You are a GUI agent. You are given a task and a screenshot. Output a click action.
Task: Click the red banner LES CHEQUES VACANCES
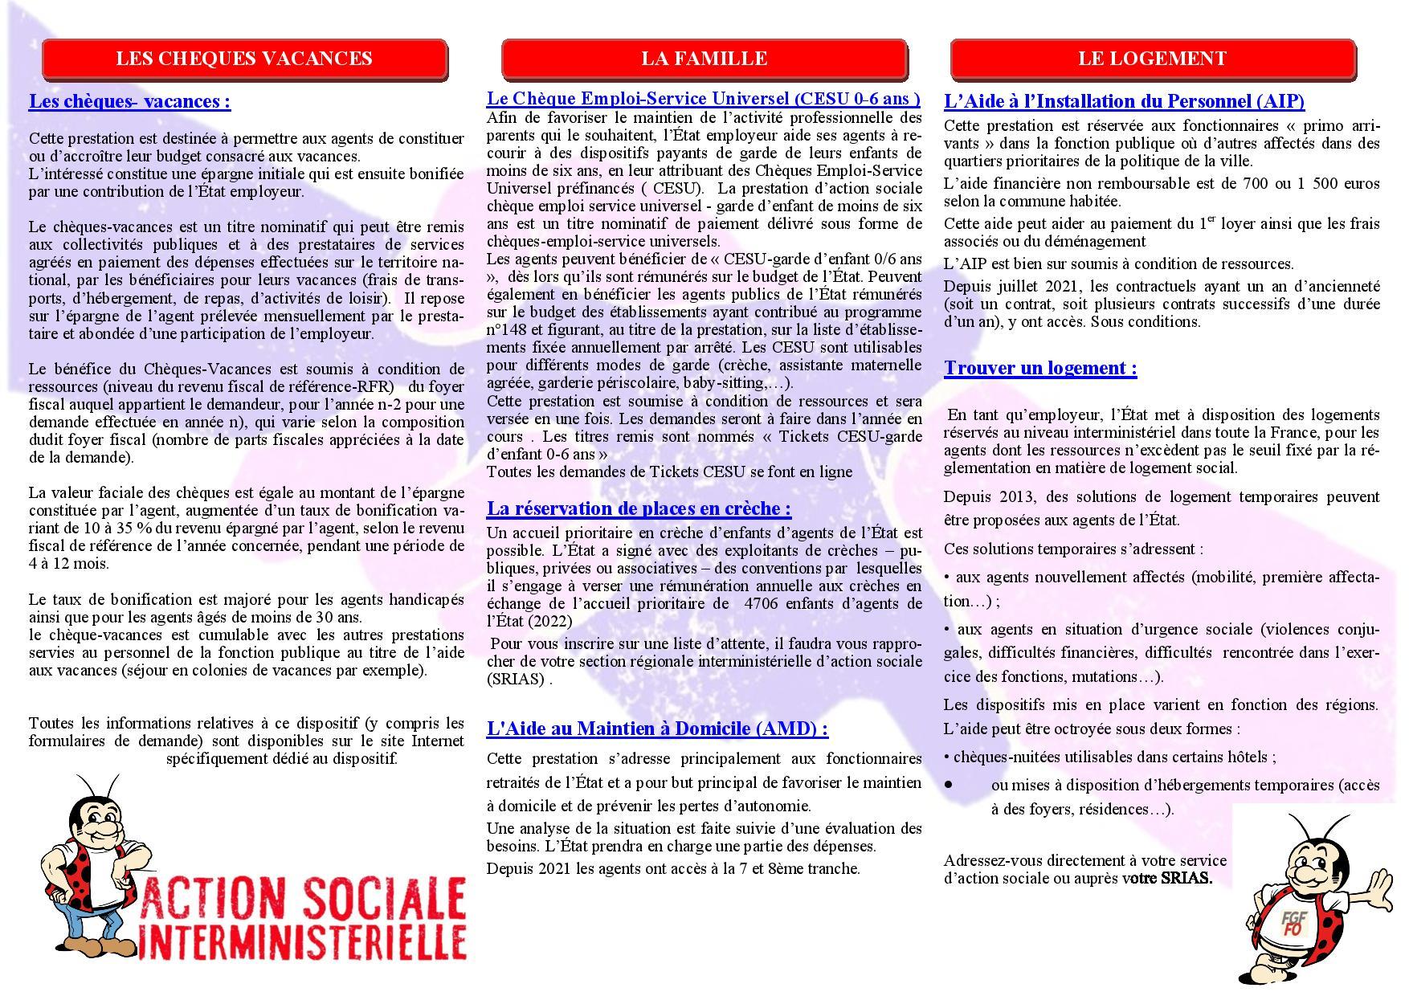(x=244, y=59)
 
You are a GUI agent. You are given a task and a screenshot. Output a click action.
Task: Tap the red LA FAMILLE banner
(x=704, y=59)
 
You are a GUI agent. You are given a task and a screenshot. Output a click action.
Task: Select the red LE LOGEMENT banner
(x=1152, y=59)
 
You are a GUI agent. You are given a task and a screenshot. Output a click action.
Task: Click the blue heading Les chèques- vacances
(x=129, y=102)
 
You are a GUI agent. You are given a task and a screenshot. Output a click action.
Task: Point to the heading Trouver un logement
(x=1040, y=369)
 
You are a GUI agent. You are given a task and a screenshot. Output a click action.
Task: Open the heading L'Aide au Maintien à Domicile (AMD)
(x=657, y=729)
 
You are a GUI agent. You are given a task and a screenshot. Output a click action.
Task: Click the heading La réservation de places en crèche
(x=639, y=509)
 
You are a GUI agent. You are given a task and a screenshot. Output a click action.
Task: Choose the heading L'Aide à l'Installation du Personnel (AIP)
(x=1124, y=102)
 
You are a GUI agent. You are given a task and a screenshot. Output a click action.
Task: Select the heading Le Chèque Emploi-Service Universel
(x=703, y=99)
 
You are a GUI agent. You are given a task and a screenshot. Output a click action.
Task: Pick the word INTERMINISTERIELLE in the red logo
(x=302, y=941)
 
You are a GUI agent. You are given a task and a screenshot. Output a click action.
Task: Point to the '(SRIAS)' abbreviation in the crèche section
(x=516, y=680)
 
